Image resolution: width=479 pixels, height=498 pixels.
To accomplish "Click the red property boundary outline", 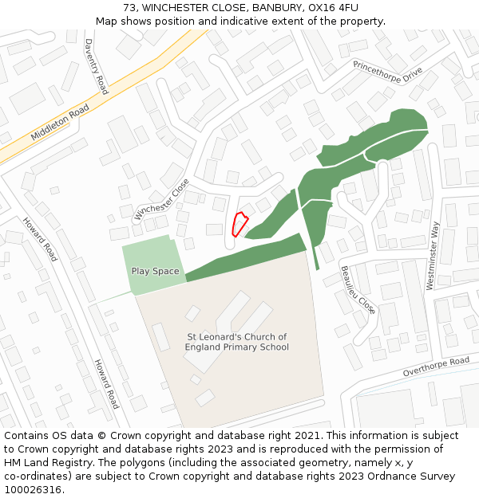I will (x=239, y=225).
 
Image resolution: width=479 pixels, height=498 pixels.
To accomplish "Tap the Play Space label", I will (x=155, y=272).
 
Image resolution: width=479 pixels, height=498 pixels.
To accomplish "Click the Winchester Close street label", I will (x=162, y=199).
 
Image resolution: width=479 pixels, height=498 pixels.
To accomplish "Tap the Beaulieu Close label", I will (x=357, y=290).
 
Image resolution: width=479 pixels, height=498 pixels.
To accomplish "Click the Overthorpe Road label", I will (x=436, y=367).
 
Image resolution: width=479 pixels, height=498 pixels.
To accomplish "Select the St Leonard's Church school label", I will (x=236, y=342).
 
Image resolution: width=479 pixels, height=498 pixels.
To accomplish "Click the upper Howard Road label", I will (x=40, y=239).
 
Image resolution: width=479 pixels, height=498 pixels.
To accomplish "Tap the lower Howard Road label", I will (x=106, y=383).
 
